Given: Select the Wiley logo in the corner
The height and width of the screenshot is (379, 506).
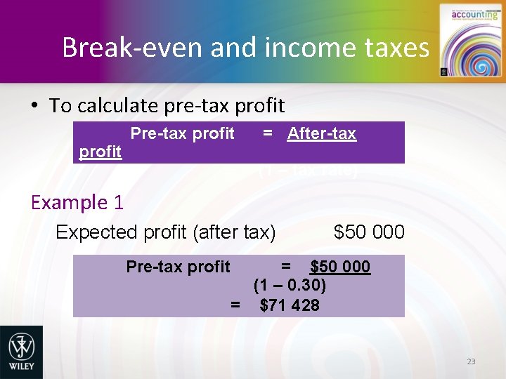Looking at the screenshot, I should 20,352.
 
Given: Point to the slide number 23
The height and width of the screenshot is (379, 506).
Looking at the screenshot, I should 470,361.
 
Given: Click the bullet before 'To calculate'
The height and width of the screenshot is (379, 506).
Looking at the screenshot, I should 34,106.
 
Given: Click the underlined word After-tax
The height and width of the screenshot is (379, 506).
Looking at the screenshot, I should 321,133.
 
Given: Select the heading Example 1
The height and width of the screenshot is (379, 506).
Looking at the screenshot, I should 77,203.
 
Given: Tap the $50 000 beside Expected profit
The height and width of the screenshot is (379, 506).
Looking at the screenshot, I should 369,232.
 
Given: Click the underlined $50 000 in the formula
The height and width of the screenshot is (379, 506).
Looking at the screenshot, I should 340,267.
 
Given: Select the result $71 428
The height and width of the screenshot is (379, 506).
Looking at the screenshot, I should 289,305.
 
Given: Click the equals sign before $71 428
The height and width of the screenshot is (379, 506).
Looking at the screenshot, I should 235,305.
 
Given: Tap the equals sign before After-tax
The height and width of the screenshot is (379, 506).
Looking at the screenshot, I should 268,133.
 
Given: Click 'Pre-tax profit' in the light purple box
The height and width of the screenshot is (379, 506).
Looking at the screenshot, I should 178,267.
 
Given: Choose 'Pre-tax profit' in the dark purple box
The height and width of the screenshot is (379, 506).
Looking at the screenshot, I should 183,133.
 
